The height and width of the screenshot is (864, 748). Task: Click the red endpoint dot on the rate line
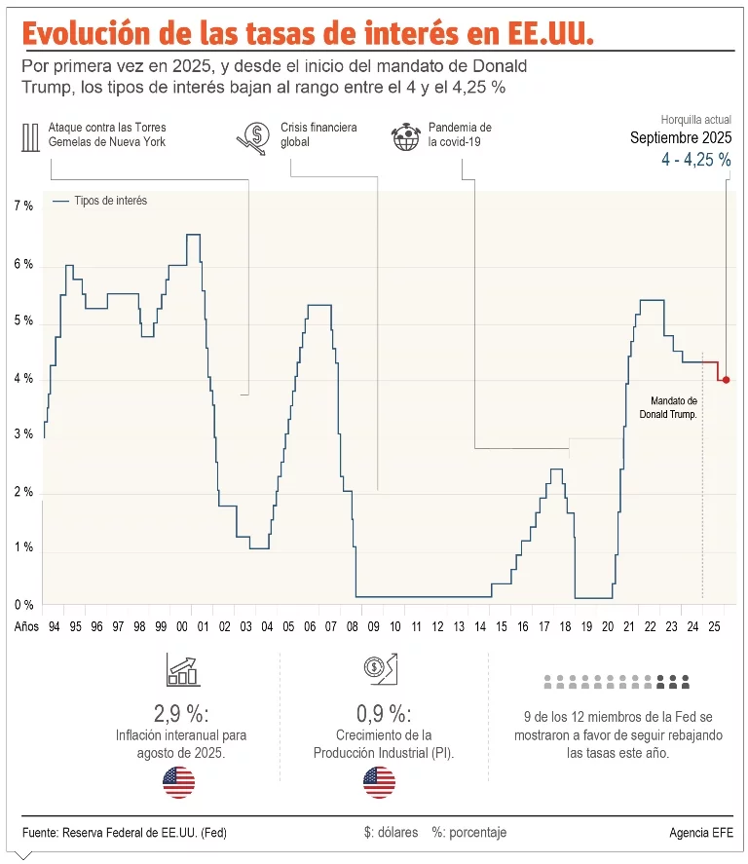point(727,380)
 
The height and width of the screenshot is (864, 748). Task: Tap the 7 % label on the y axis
point(23,207)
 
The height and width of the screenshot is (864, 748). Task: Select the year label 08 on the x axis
point(354,627)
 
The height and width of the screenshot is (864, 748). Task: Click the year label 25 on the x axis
point(715,627)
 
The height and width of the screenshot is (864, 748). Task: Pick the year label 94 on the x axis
point(54,627)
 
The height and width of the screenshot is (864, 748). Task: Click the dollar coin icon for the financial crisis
point(252,138)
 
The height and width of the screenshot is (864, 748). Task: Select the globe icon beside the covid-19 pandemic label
point(404,136)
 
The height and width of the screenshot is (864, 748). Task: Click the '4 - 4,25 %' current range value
point(695,160)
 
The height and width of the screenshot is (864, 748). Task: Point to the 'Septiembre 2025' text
point(681,137)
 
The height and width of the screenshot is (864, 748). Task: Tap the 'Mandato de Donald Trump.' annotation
point(674,407)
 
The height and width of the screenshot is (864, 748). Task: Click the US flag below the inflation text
point(180,781)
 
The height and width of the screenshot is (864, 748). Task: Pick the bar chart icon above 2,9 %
point(182,671)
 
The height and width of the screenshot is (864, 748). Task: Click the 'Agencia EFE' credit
point(702,833)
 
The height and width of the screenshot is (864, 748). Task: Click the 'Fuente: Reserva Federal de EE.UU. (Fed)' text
point(125,833)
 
